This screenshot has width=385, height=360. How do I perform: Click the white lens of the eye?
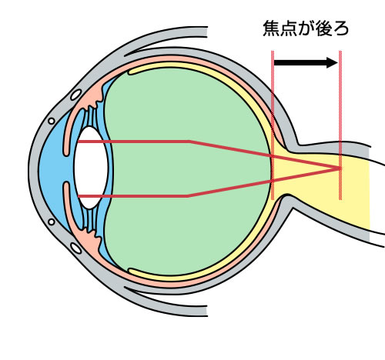91,168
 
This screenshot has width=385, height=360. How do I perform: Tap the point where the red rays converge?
340,168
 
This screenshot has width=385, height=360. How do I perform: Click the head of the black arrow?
332,62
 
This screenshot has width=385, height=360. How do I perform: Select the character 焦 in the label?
272,28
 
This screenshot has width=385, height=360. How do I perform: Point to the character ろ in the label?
340,28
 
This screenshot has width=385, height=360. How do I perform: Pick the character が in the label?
306,28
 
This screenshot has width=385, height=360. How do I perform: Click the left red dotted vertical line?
273,125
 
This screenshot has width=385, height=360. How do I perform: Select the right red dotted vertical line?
340,125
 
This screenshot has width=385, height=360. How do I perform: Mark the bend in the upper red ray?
190,142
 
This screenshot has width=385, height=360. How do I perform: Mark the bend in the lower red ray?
188,196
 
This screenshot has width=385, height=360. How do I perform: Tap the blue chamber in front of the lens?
52,169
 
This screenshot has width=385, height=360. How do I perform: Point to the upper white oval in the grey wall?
76,95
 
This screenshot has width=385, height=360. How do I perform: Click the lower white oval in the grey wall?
76,248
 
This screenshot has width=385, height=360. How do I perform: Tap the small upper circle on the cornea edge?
52,121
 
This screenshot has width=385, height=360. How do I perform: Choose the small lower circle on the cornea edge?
52,222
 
